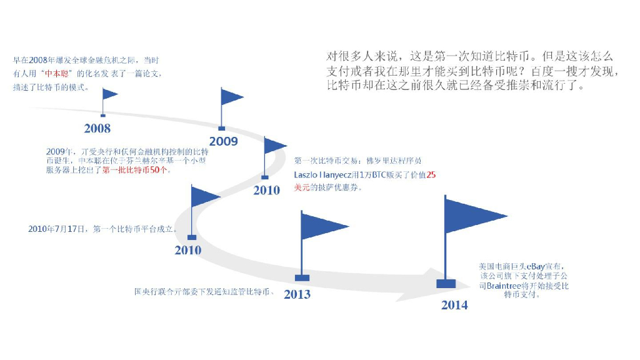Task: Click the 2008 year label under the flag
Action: [97, 128]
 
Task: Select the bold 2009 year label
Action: [223, 141]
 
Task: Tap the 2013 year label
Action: [297, 294]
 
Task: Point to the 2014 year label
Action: [454, 305]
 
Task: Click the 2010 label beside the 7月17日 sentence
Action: [187, 250]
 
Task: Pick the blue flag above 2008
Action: [109, 94]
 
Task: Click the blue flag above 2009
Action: [231, 96]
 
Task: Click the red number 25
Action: [431, 175]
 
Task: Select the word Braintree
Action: [504, 286]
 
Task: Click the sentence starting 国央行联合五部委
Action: [205, 291]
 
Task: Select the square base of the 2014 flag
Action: [446, 283]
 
